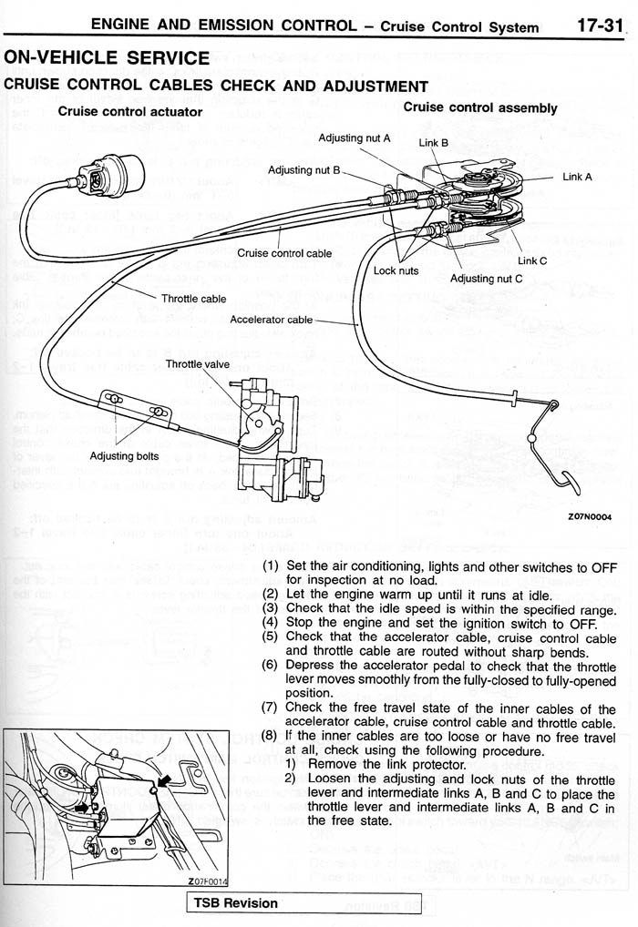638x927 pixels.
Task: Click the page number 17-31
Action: [597, 25]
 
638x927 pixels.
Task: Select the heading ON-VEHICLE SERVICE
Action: [107, 58]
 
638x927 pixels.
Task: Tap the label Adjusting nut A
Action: [354, 138]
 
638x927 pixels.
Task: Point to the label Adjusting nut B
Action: [304, 170]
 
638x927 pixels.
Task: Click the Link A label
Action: [577, 177]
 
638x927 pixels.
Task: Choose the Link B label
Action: [433, 143]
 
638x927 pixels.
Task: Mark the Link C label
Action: [531, 260]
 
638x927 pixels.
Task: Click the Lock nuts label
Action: [396, 270]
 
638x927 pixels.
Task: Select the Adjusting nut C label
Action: [486, 279]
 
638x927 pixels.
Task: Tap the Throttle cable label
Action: [193, 299]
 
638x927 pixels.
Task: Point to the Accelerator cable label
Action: [271, 320]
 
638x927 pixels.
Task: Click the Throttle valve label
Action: [197, 364]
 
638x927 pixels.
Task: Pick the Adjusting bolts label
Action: [124, 456]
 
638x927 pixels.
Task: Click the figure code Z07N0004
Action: [589, 516]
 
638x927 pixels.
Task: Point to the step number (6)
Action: [270, 666]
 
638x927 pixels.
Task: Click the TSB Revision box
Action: [233, 903]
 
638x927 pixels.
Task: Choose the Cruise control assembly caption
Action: [479, 107]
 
